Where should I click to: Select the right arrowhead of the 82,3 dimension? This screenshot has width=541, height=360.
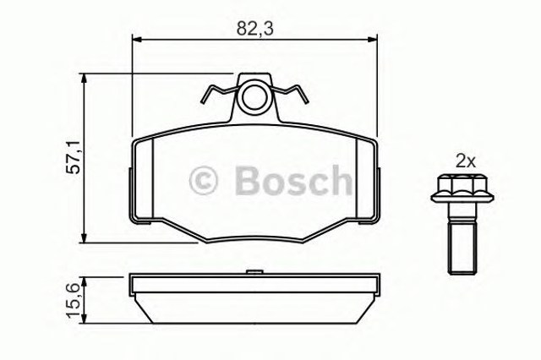tap(371, 39)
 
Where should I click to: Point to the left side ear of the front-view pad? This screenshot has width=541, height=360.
tap(130, 190)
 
